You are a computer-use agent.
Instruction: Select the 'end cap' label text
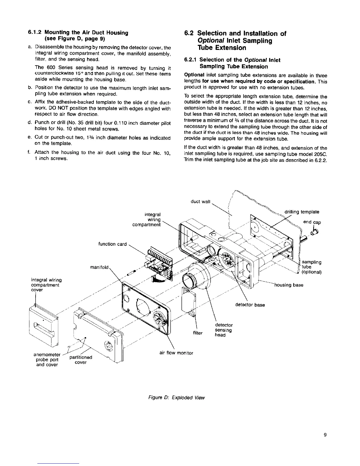pyautogui.click(x=313, y=222)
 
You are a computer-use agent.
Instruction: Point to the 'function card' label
pyautogui.click(x=113, y=244)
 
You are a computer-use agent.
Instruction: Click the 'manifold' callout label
pyautogui.click(x=100, y=268)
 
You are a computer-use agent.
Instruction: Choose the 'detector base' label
pyautogui.click(x=250, y=305)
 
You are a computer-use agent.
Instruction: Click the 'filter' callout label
pyautogui.click(x=198, y=333)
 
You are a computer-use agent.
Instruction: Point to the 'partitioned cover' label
pyautogui.click(x=81, y=360)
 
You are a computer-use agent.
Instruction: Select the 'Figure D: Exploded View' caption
pyautogui.click(x=176, y=397)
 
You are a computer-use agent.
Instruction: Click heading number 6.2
pyautogui.click(x=189, y=33)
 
